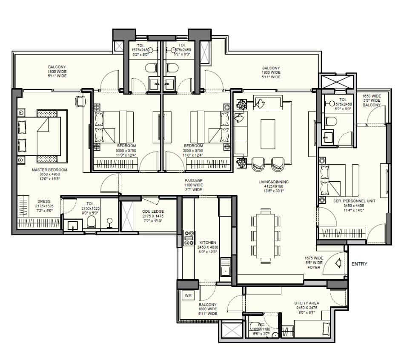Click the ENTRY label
(359, 264)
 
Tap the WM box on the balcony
(188, 294)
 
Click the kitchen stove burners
(188, 238)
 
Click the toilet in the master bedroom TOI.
(91, 221)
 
